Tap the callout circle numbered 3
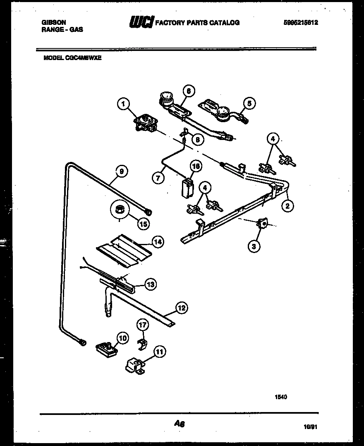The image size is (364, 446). point(254,246)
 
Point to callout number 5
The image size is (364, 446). point(249,103)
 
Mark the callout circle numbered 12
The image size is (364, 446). point(181,308)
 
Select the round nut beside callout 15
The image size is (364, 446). point(120,210)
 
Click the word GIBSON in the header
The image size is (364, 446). point(54,22)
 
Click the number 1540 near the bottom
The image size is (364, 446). point(281,397)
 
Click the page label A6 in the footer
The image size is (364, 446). point(179,424)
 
